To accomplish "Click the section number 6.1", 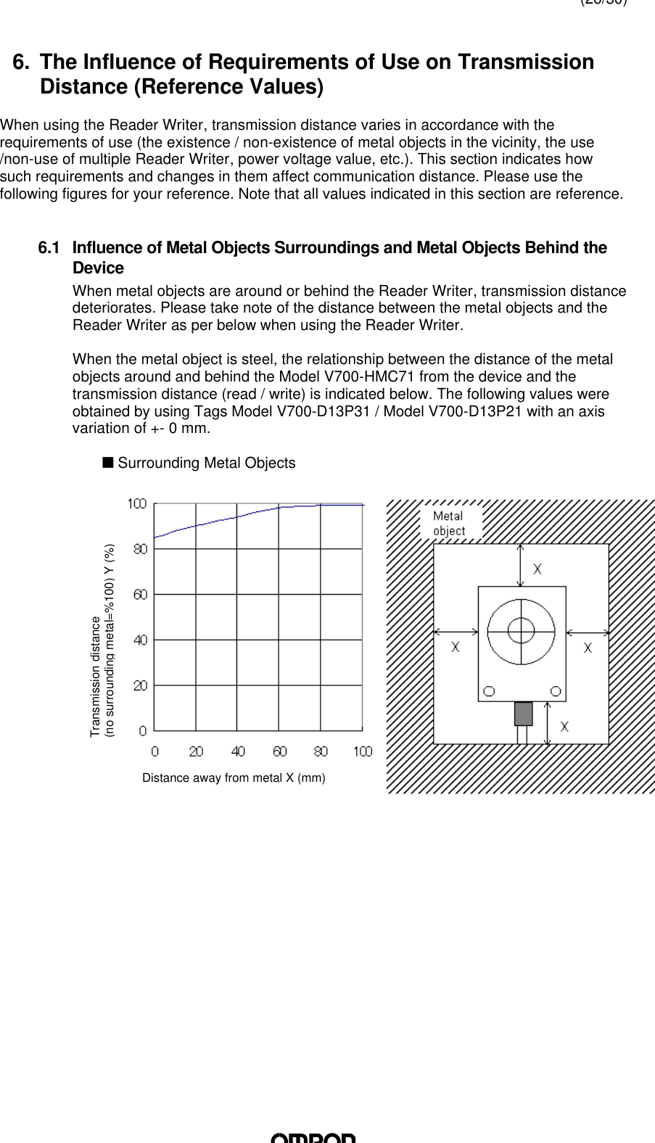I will [x=49, y=249].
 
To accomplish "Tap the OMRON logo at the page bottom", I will [x=313, y=1137].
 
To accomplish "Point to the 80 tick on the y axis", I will [x=139, y=549].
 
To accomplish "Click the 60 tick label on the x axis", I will [x=279, y=751].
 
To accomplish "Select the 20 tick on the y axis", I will [x=139, y=685].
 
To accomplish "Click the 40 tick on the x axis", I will [x=238, y=751].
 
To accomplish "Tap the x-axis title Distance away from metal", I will [x=234, y=778].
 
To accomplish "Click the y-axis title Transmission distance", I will [x=95, y=676].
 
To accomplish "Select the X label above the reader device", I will [x=537, y=569].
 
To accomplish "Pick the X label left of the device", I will [x=456, y=647].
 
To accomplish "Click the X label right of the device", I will [x=588, y=647].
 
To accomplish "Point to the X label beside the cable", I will [x=564, y=726].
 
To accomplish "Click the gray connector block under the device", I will [x=523, y=714].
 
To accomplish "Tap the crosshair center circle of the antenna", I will [x=521, y=630].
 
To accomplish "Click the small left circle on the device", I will [x=490, y=690].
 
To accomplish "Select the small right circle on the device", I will [x=555, y=690].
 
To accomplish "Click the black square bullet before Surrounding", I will [x=107, y=462].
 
